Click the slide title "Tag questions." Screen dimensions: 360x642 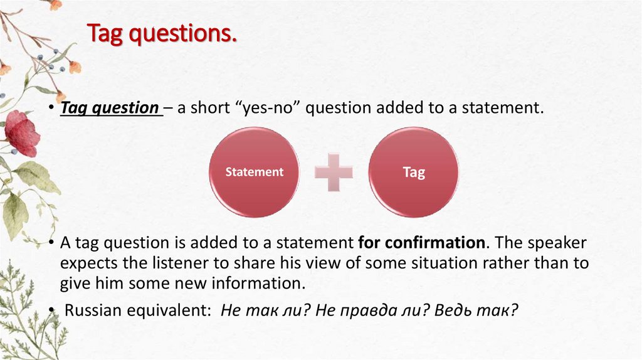(162, 33)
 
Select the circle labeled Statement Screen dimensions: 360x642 (254, 172)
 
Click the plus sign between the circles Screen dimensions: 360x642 (334, 172)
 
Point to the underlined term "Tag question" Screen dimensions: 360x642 (109, 108)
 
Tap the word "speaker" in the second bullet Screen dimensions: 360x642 (560, 243)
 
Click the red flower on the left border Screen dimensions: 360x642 (21, 132)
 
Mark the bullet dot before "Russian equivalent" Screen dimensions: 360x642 (54, 310)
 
